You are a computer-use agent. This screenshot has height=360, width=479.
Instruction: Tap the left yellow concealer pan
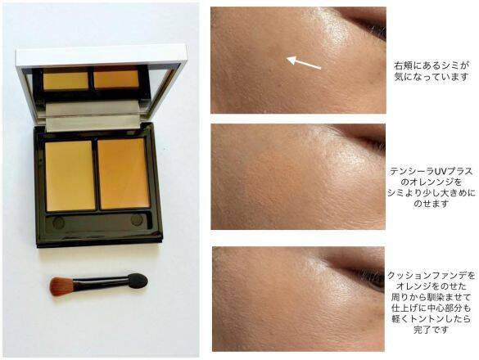pos(70,173)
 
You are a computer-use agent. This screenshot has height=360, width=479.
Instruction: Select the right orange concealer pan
pos(124,173)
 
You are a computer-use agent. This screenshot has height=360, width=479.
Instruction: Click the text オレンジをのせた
pos(428,290)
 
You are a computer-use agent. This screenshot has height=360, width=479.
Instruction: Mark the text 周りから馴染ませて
pos(428,302)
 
